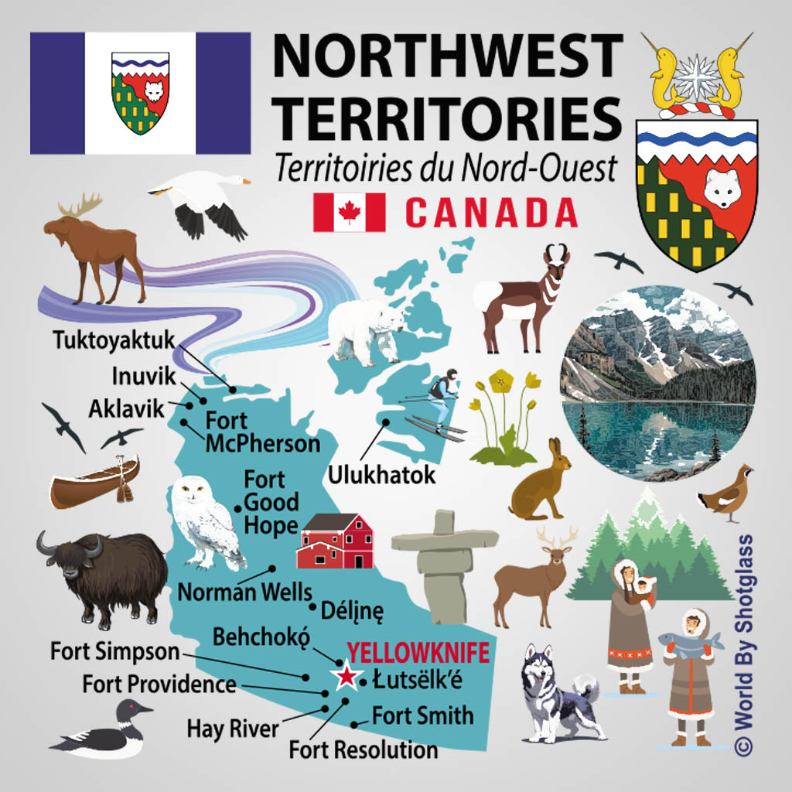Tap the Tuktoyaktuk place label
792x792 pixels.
tap(114, 340)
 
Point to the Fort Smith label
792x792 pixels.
tap(422, 715)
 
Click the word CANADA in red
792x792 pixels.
tap(491, 212)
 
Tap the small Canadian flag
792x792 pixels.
tap(349, 212)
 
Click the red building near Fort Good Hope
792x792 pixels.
tap(336, 541)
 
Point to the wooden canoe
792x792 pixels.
tap(94, 481)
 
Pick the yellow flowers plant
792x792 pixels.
tap(504, 418)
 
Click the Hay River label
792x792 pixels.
tap(232, 729)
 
